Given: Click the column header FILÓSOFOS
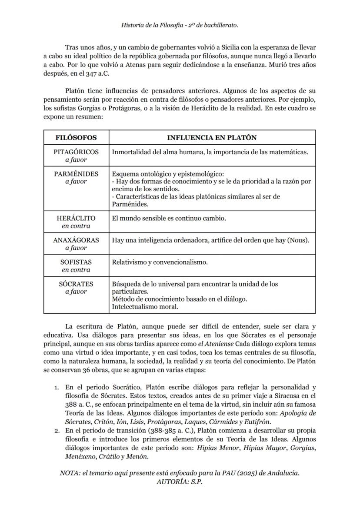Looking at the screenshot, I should tap(76, 137).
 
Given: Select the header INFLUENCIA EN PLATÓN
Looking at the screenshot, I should tap(212, 137).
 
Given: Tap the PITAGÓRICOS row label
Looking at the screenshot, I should tap(76, 152).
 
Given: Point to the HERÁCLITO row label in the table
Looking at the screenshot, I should tap(76, 218).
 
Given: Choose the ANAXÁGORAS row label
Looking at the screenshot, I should tap(76, 240).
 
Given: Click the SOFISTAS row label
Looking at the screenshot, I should tap(76, 262).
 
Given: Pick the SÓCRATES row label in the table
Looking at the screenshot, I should tap(76, 284).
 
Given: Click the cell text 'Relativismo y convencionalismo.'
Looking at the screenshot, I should tap(160, 262).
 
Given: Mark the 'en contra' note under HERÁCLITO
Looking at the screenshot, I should tap(76, 226).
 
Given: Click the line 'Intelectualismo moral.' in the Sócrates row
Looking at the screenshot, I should tap(145, 306).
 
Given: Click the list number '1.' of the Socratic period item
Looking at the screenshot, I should tap(57, 387).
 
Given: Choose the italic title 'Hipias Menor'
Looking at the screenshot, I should tap(217, 448).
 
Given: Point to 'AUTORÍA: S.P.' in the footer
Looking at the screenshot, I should tap(180, 481).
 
